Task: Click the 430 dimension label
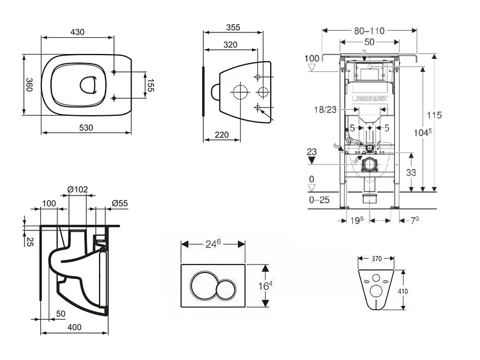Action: tap(77, 32)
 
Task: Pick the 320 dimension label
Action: tap(230, 44)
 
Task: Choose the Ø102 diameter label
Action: tap(78, 190)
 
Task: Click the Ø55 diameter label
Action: tap(119, 203)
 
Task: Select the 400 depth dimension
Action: tap(74, 328)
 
